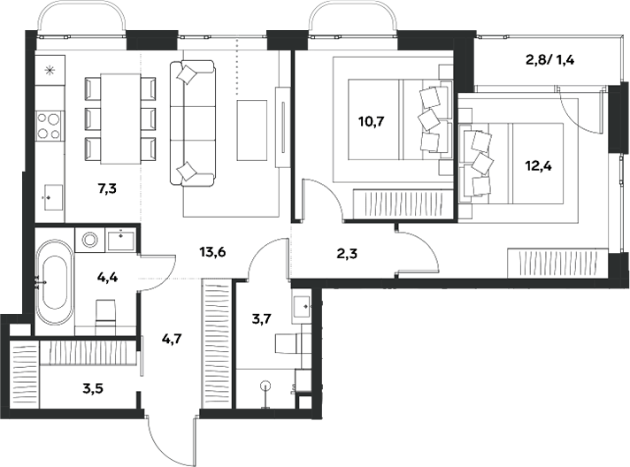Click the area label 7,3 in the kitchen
[x=107, y=188]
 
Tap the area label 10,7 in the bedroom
[x=372, y=121]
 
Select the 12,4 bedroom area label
[x=538, y=165]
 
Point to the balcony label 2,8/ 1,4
[x=550, y=60]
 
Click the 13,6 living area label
[x=212, y=252]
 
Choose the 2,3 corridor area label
[x=347, y=254]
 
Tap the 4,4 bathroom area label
[x=108, y=277]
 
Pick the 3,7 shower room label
[x=262, y=319]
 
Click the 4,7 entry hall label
[x=172, y=340]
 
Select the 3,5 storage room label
[x=93, y=388]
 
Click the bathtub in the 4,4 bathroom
[x=55, y=282]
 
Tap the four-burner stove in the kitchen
[x=49, y=126]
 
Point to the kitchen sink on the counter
[x=52, y=197]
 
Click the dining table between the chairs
[x=120, y=119]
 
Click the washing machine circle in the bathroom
[x=90, y=240]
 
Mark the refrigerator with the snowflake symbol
[x=50, y=71]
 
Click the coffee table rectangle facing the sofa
[x=252, y=130]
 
